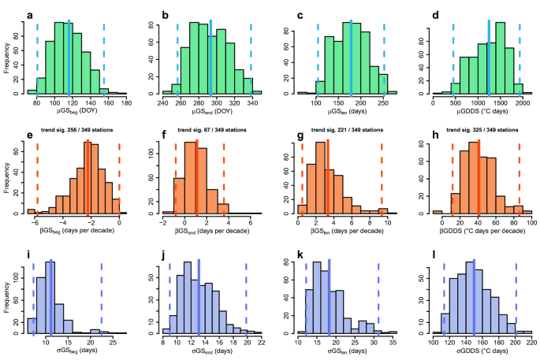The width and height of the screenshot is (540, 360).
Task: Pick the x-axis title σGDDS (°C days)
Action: (479, 352)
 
